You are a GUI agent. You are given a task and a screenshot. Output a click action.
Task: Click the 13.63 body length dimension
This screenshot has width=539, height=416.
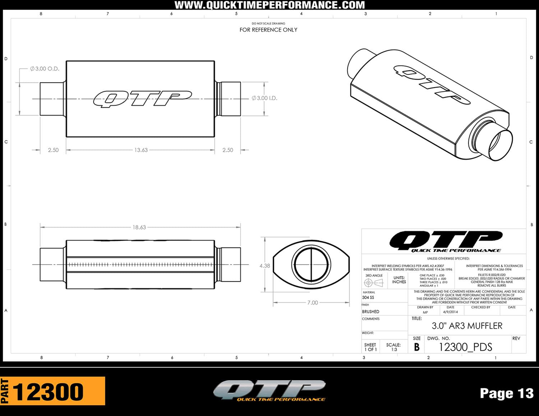tap(141, 150)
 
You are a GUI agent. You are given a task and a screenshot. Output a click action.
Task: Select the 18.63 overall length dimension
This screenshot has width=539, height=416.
tap(139, 227)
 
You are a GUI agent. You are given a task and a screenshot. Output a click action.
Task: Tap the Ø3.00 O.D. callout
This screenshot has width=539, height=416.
tap(45, 69)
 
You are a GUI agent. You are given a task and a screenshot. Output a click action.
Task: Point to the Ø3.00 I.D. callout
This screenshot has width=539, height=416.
tap(264, 98)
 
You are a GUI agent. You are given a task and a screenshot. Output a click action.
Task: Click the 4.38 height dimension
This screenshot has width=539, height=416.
tap(264, 266)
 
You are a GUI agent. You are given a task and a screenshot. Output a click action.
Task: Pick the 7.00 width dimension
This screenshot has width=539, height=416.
tap(312, 303)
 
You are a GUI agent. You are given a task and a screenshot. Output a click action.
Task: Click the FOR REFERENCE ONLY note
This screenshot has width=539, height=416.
tap(268, 30)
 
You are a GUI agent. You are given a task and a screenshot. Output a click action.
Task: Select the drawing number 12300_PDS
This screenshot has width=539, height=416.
tap(466, 347)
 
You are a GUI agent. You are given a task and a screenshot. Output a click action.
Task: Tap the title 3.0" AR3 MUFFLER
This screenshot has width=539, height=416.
tap(467, 326)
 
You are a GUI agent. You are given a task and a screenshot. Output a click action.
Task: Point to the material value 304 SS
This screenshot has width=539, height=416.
tap(368, 298)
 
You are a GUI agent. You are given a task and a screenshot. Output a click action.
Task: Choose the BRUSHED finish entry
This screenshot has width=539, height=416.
tap(370, 312)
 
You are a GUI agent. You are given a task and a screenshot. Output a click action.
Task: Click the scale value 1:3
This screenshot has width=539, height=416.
tap(394, 349)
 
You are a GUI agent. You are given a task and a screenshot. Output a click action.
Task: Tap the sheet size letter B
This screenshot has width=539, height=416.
tap(416, 347)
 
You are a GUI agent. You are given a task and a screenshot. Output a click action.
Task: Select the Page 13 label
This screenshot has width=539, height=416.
tap(507, 393)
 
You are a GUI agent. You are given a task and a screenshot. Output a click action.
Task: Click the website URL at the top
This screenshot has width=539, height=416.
tap(269, 5)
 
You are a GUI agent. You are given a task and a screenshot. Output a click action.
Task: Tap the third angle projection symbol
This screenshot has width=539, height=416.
tap(374, 283)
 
